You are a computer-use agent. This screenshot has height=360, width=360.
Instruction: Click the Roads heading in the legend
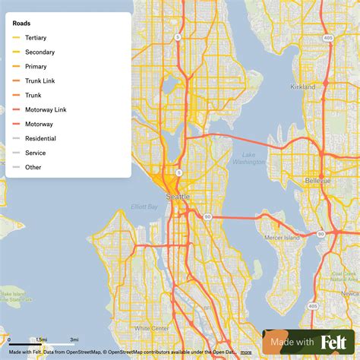[x=22, y=24]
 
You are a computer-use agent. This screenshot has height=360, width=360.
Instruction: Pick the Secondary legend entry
[x=39, y=52]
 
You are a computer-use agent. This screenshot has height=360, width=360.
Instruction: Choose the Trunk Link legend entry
[x=40, y=81]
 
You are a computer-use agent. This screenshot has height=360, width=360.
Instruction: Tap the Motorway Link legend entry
[x=45, y=109]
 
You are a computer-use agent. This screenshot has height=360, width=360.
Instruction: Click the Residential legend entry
[x=40, y=138]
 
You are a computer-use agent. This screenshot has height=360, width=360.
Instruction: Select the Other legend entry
[x=33, y=167]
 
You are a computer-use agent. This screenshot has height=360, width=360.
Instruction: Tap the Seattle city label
[x=178, y=197]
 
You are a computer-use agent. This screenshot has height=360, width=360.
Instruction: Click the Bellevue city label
[x=318, y=182]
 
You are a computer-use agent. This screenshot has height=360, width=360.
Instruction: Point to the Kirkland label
[x=302, y=87]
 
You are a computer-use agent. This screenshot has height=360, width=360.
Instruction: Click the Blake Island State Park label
[x=14, y=296]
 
